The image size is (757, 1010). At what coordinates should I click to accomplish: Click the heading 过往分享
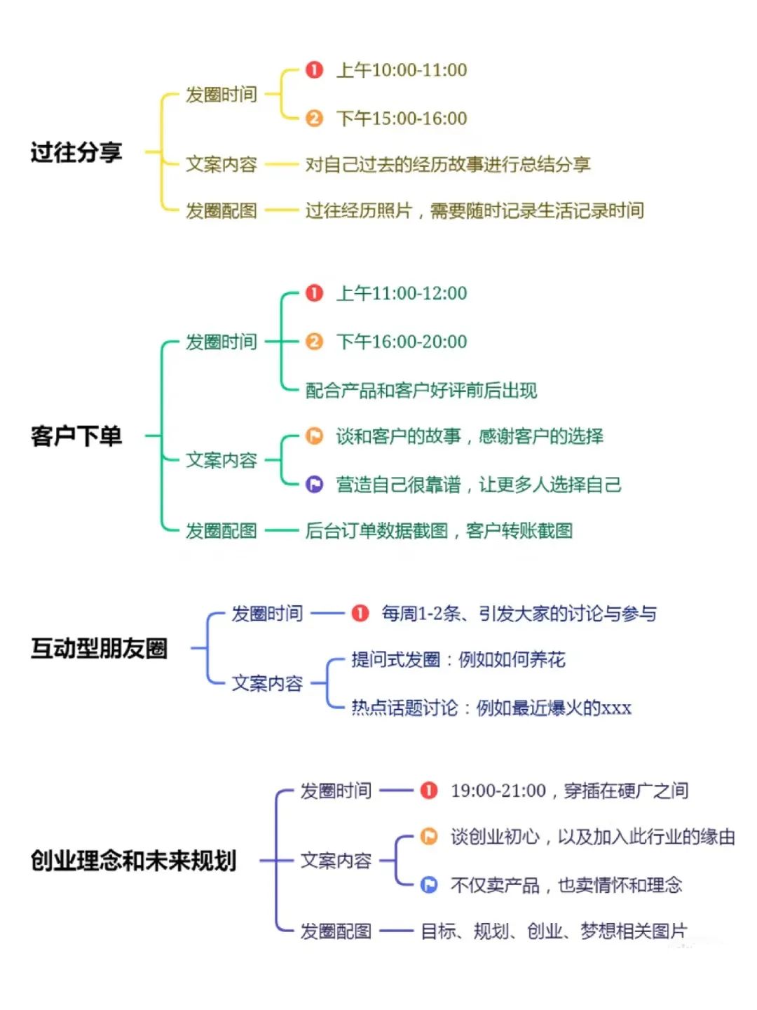point(76,151)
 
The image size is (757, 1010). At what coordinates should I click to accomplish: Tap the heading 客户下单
point(76,436)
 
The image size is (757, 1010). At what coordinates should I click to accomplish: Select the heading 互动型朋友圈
point(99,648)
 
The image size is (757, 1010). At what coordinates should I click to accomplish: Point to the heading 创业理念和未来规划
point(133,861)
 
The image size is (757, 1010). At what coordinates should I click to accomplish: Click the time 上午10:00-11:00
point(402,70)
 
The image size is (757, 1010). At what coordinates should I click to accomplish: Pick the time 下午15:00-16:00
point(402,119)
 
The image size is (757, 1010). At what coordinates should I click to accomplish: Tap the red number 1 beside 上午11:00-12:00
point(315,293)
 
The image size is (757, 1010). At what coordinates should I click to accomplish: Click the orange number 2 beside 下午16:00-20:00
point(315,342)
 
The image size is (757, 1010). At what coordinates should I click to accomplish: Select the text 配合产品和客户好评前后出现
point(421,390)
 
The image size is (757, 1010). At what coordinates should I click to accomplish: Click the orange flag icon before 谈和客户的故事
point(315,436)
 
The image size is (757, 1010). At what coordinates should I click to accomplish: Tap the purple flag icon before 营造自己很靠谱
point(315,484)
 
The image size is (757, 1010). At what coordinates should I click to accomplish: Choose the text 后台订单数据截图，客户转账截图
point(439,530)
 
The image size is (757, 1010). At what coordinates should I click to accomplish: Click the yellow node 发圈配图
point(221,210)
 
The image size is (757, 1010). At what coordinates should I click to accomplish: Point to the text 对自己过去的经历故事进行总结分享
point(448,164)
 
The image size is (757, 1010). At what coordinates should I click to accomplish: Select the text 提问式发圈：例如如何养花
point(458,659)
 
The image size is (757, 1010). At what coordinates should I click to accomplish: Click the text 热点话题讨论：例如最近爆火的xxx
point(491,707)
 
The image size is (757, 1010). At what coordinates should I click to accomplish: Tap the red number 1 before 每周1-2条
point(360,613)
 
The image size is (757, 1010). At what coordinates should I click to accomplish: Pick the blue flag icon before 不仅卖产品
point(429,884)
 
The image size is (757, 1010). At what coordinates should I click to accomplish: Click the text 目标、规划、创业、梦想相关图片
point(554,931)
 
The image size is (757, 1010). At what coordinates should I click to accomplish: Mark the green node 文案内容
point(221,459)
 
